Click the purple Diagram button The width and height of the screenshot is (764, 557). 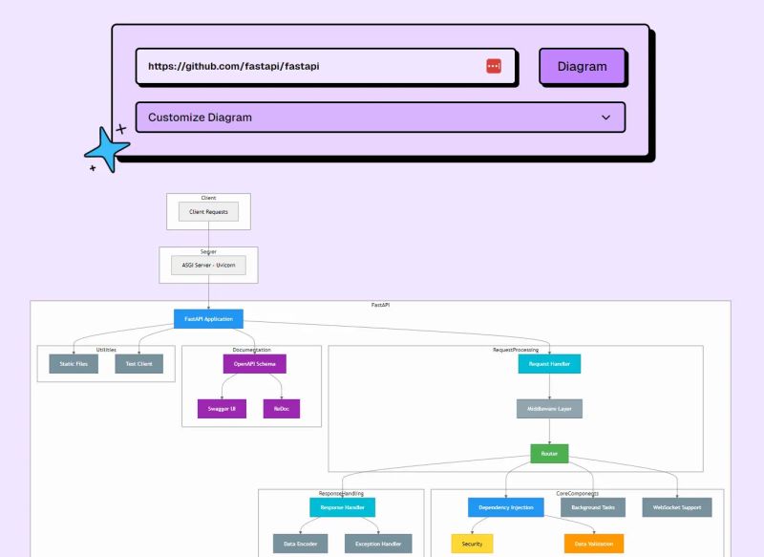coord(582,67)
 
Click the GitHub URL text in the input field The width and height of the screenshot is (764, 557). coord(233,67)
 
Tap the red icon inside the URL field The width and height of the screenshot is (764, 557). coord(494,66)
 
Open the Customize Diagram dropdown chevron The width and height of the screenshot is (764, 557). coord(605,118)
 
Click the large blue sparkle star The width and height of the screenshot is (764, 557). coord(106,150)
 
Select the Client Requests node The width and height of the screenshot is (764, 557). coord(208,211)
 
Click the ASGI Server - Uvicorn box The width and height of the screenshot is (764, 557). coord(208,266)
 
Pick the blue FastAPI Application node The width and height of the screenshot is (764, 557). coord(208,318)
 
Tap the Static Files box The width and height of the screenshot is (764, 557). coord(74,364)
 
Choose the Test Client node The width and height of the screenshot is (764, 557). coord(139,364)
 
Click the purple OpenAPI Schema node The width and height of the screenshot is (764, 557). coord(254,364)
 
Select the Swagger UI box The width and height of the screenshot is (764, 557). coord(222,409)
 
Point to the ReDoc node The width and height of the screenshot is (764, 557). coord(281,409)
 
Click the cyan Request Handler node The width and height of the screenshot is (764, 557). coord(549,364)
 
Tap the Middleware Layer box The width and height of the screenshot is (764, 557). coord(549,409)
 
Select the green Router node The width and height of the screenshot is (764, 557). coord(549,454)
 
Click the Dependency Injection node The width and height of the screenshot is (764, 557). coord(505,507)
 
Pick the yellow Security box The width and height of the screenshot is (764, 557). coord(472,544)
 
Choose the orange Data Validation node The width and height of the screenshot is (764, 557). coord(593,544)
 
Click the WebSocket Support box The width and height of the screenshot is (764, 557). coord(677,507)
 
